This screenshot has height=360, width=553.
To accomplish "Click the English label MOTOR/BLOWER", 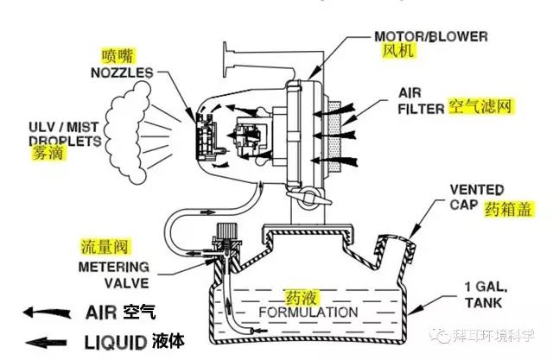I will [x=429, y=37].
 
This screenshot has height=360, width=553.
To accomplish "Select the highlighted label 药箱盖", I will [x=505, y=208].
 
